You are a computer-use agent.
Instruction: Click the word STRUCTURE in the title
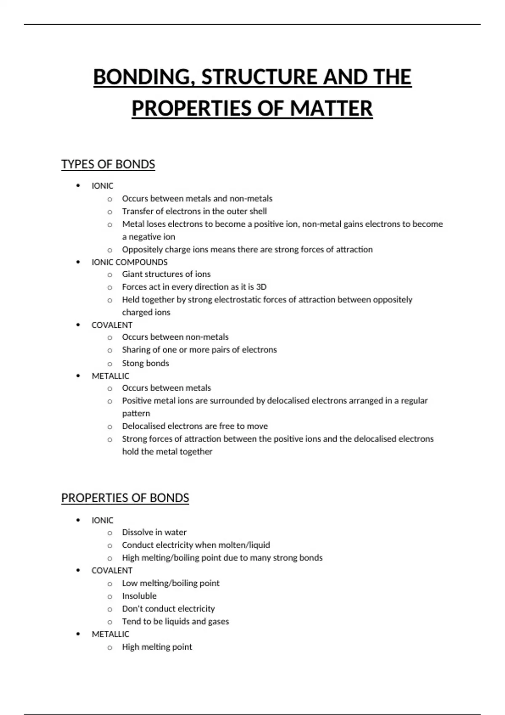point(260,77)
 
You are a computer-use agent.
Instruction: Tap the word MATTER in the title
point(331,109)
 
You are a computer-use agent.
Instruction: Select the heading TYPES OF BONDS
point(108,164)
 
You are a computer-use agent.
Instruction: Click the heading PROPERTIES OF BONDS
point(125,498)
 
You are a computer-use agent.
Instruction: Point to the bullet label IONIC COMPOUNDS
point(129,262)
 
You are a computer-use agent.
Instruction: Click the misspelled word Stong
point(132,363)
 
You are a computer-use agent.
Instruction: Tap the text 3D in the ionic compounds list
point(261,287)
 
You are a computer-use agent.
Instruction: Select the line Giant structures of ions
point(166,274)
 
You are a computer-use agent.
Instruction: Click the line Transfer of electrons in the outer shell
point(194,211)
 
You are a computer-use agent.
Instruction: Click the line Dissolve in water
point(154,532)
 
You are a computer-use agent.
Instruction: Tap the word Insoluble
point(139,596)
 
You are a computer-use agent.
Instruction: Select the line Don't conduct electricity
point(168,609)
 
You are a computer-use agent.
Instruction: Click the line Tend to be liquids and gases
point(175,621)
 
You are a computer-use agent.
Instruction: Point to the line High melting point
point(157,647)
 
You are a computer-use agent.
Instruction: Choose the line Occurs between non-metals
point(175,337)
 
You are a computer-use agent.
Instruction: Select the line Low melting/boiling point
point(170,583)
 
